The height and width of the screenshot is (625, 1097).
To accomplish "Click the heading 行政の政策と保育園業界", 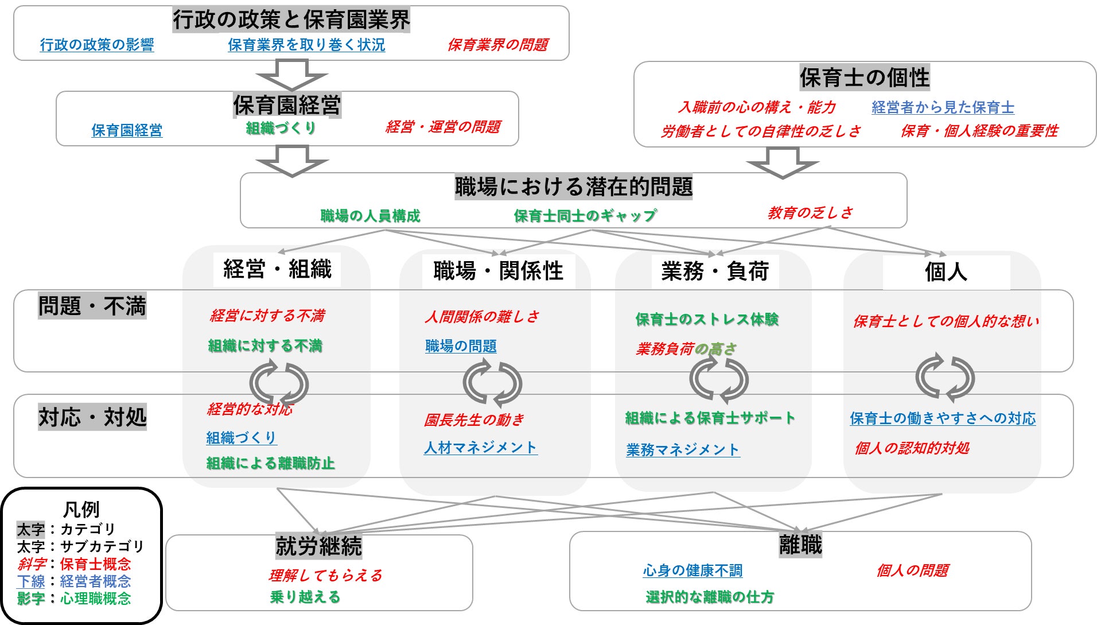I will coord(291,20).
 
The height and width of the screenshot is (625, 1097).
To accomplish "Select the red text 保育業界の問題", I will coord(497,45).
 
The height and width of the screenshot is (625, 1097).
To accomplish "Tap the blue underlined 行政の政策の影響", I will coord(97,45).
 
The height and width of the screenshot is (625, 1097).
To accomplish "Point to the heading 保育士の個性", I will coord(864,77).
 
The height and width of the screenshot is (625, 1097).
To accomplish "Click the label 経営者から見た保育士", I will coord(943,107).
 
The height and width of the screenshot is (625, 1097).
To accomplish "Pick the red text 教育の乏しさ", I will coord(810,213).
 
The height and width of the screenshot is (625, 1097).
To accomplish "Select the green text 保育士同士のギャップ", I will coord(585,216).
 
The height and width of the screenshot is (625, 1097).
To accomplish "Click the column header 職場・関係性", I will coord(498,271).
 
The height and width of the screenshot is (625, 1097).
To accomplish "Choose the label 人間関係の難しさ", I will coord(482,317).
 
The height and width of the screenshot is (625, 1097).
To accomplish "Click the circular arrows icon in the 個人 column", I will coord(945,378).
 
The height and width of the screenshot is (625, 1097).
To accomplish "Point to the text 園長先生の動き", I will coord(474,420).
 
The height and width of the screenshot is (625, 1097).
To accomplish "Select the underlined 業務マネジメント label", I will coord(683,450).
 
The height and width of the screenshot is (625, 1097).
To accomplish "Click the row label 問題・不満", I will coord(92,306).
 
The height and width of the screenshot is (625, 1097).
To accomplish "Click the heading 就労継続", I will coord(318,546).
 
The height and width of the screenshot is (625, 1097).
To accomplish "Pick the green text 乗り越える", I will coord(305,597).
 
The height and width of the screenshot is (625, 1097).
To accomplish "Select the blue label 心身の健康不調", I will coord(693,570).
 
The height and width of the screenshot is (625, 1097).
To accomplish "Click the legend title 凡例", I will coord(81,509).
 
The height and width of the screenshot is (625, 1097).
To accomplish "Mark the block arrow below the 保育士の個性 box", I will coord(782,162).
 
